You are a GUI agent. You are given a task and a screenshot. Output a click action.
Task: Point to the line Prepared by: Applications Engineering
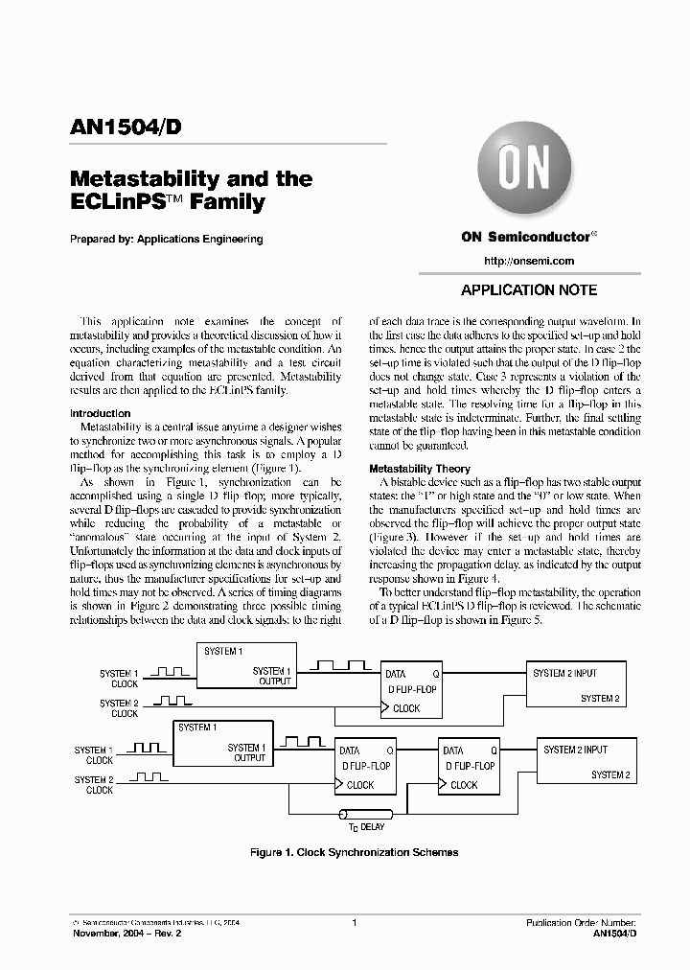(x=167, y=240)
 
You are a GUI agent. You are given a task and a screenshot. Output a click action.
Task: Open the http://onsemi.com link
(x=529, y=261)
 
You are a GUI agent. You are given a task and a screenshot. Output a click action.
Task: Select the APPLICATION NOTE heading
(x=529, y=290)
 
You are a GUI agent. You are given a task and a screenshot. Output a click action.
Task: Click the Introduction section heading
(x=101, y=413)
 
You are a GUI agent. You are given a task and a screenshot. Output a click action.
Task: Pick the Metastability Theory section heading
(x=420, y=468)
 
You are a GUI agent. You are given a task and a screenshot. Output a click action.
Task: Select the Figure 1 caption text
(x=354, y=852)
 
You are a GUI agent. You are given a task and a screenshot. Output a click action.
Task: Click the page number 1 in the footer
(x=355, y=923)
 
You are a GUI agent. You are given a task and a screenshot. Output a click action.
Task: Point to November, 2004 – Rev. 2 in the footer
(x=126, y=934)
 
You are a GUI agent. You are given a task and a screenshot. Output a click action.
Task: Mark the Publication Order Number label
(x=581, y=923)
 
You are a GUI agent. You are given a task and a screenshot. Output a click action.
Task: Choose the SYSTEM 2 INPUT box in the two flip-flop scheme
(x=586, y=761)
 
